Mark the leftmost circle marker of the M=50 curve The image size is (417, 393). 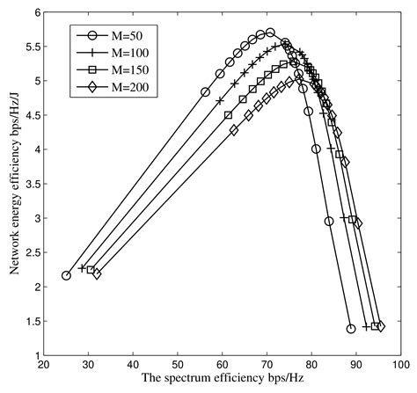(66, 275)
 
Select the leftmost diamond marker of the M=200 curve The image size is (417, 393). (97, 273)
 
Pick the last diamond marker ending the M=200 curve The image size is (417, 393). (380, 326)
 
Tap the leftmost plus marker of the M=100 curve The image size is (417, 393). (82, 268)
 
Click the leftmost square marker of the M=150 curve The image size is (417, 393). (90, 270)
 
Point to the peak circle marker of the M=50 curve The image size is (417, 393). (270, 33)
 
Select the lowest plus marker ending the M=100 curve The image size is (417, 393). (366, 326)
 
